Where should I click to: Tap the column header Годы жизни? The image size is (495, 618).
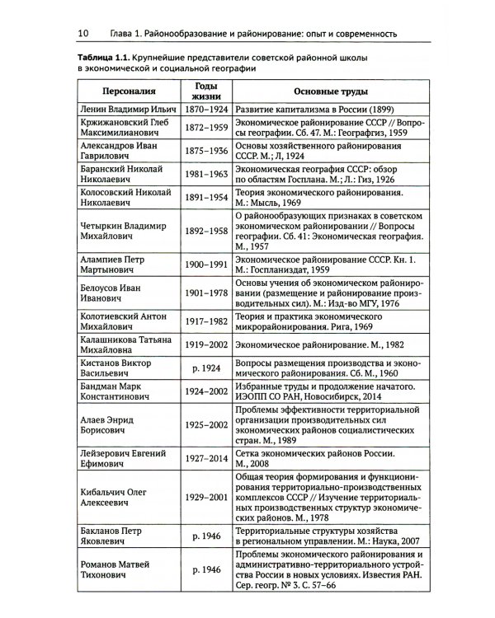click(x=205, y=91)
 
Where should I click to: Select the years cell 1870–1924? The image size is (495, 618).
click(x=205, y=109)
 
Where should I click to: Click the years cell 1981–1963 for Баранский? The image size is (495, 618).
click(x=205, y=173)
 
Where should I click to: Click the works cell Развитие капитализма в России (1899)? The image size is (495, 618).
click(x=322, y=109)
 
